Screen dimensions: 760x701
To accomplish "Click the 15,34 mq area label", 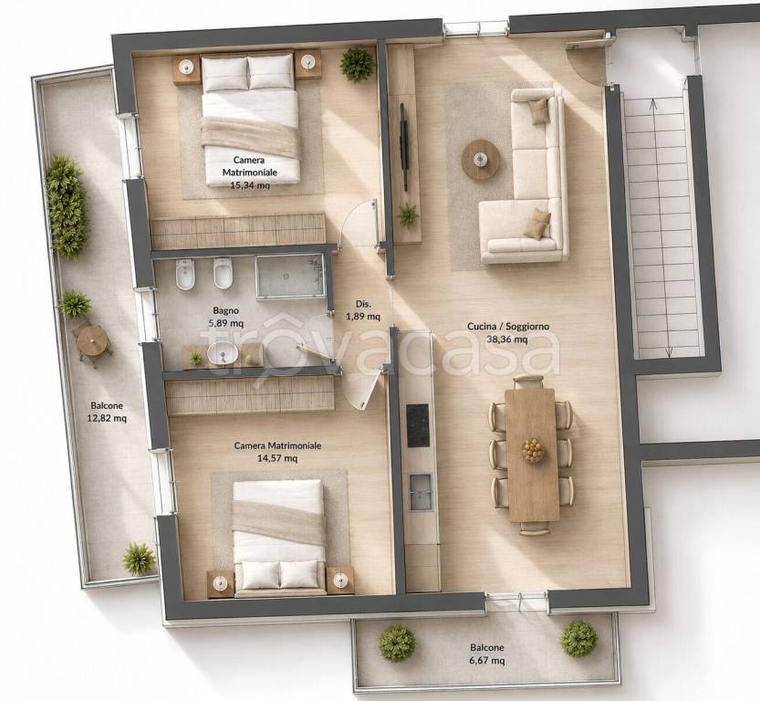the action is click(x=250, y=184).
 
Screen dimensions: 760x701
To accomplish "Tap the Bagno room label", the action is click(x=225, y=310).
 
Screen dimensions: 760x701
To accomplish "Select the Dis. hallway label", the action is click(x=363, y=305).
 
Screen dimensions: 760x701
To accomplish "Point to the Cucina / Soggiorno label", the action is click(x=508, y=326).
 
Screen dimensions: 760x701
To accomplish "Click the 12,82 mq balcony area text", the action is click(x=107, y=418).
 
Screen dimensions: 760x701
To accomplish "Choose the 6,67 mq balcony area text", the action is click(x=486, y=660).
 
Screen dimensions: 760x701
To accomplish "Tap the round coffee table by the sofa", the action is click(x=481, y=160).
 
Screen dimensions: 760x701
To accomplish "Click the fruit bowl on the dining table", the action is click(x=533, y=450).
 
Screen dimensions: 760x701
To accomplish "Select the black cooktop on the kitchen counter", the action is click(x=418, y=425).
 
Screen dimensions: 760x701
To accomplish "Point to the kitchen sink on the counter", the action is click(x=421, y=492).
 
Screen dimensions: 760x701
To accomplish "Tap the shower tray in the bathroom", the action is click(x=290, y=275).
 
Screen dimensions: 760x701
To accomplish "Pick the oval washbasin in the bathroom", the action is click(x=223, y=352).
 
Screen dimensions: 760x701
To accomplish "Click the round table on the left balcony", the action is click(x=92, y=340).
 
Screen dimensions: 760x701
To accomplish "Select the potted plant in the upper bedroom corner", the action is click(x=357, y=64).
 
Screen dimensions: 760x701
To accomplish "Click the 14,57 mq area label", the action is click(x=277, y=457).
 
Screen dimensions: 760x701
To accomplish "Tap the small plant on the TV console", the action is click(x=408, y=215).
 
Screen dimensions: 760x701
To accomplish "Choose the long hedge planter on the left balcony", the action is click(x=67, y=206).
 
